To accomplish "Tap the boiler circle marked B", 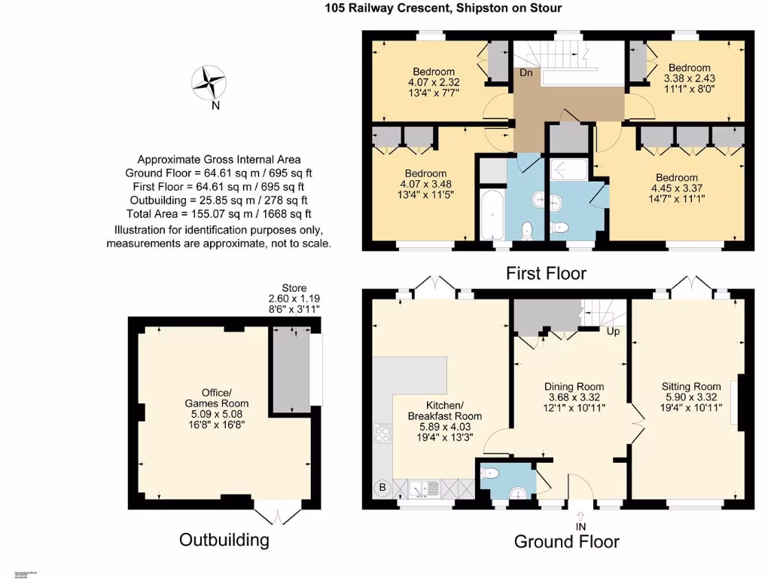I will coord(382,489).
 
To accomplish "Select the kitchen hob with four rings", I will coord(382,434).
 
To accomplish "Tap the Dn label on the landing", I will coord(526,73).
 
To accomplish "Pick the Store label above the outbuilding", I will coord(294,288).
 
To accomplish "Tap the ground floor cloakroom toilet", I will coord(490,473).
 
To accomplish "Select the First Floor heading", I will coord(545,272).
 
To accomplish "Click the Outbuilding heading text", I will coord(224,540).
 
